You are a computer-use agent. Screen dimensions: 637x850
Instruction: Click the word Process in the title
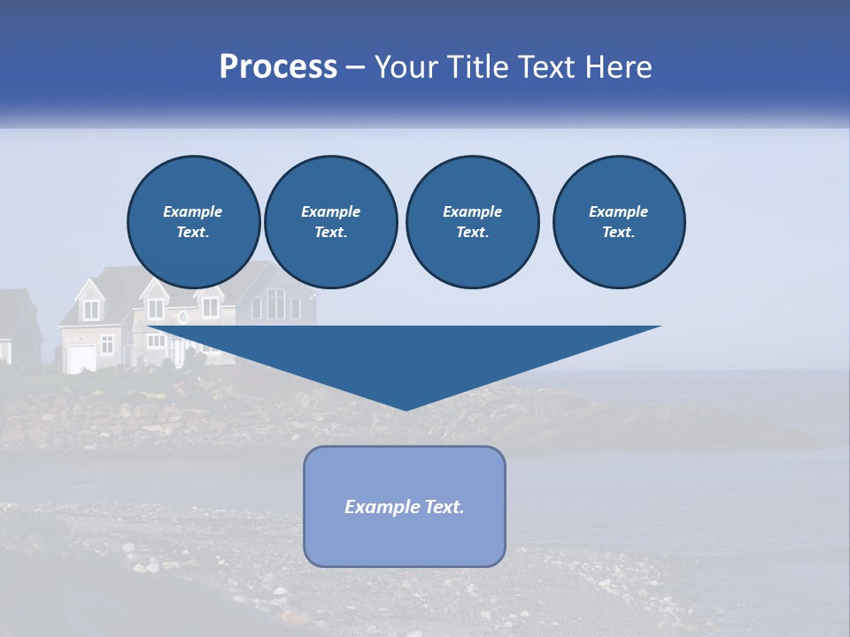278,67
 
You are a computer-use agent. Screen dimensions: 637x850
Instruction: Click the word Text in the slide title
548,67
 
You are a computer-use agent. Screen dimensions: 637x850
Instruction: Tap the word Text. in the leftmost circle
193,232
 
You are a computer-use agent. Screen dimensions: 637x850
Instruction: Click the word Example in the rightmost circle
619,211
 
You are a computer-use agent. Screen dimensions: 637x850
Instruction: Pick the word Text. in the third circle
472,232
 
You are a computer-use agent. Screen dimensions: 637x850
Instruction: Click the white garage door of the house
81,358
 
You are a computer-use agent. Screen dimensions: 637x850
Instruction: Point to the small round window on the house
183,317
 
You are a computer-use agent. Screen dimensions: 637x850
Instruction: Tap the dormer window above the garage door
91,311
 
